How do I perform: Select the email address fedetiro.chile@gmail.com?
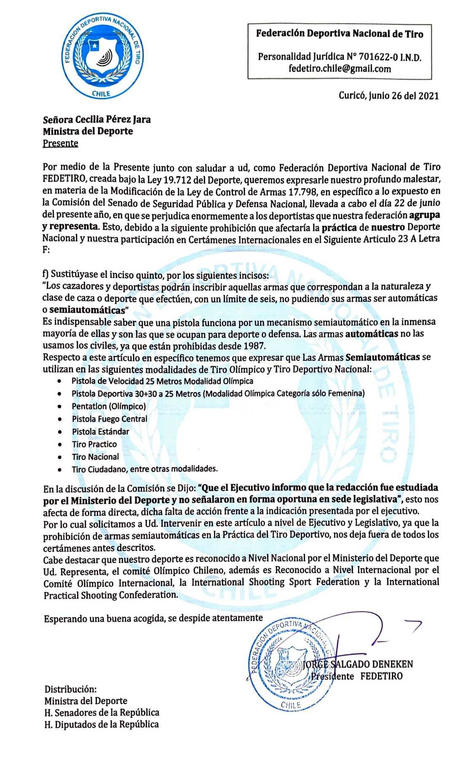click(x=340, y=69)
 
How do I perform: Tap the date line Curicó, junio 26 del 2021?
click(x=388, y=96)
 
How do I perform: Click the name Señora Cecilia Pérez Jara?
click(x=96, y=119)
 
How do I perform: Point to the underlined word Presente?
click(x=60, y=143)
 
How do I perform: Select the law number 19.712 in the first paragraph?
click(x=184, y=180)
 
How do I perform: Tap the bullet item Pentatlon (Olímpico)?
click(x=109, y=406)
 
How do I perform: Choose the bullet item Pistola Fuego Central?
click(x=110, y=419)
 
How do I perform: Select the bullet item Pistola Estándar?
click(x=100, y=432)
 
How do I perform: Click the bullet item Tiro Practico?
click(x=94, y=444)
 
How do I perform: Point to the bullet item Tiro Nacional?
click(x=95, y=457)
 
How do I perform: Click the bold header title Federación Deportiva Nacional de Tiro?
click(x=340, y=34)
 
